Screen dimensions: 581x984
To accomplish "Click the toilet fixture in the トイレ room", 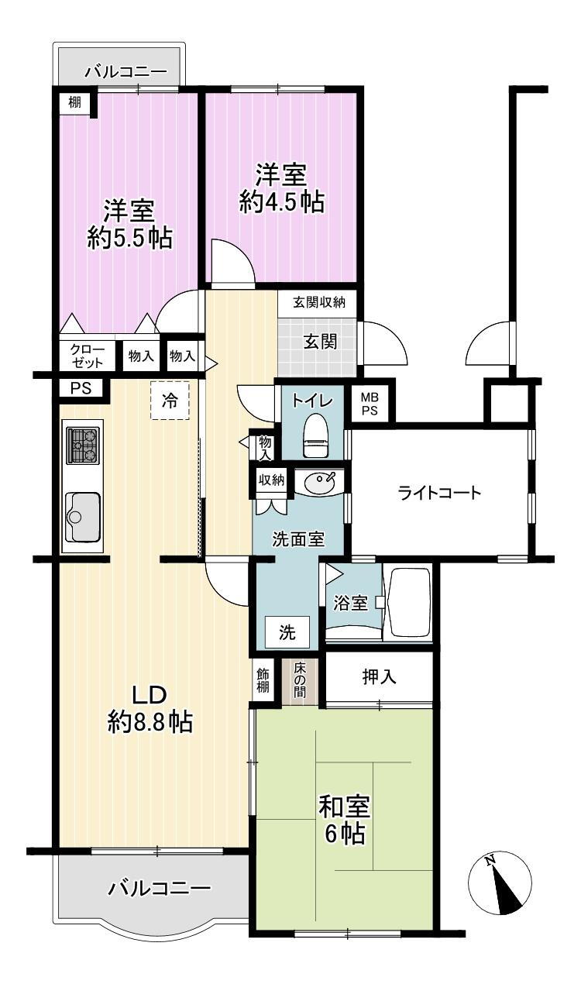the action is pyautogui.click(x=316, y=435).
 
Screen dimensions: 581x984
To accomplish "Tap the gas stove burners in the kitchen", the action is pyautogui.click(x=82, y=446).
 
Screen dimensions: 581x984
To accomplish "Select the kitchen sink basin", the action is pyautogui.click(x=83, y=517).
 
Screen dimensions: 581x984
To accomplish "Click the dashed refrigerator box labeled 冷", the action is pyautogui.click(x=170, y=401).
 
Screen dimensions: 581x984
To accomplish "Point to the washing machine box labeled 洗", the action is pyautogui.click(x=287, y=632).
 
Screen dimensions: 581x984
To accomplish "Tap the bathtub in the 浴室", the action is pyautogui.click(x=408, y=602).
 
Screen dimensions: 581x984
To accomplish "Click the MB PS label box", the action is pyautogui.click(x=369, y=404).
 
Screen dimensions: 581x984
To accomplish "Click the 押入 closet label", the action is pyautogui.click(x=379, y=676).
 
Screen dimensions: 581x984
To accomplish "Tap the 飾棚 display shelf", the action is pyautogui.click(x=263, y=680).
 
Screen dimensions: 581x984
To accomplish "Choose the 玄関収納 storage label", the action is pyautogui.click(x=319, y=302).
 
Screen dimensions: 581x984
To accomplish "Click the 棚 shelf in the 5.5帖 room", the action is pyautogui.click(x=74, y=103).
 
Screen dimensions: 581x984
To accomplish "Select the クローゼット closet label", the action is pyautogui.click(x=88, y=356).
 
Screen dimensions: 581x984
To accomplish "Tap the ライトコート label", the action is pyautogui.click(x=439, y=493).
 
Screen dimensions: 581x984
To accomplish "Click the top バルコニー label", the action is pyautogui.click(x=126, y=71).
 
